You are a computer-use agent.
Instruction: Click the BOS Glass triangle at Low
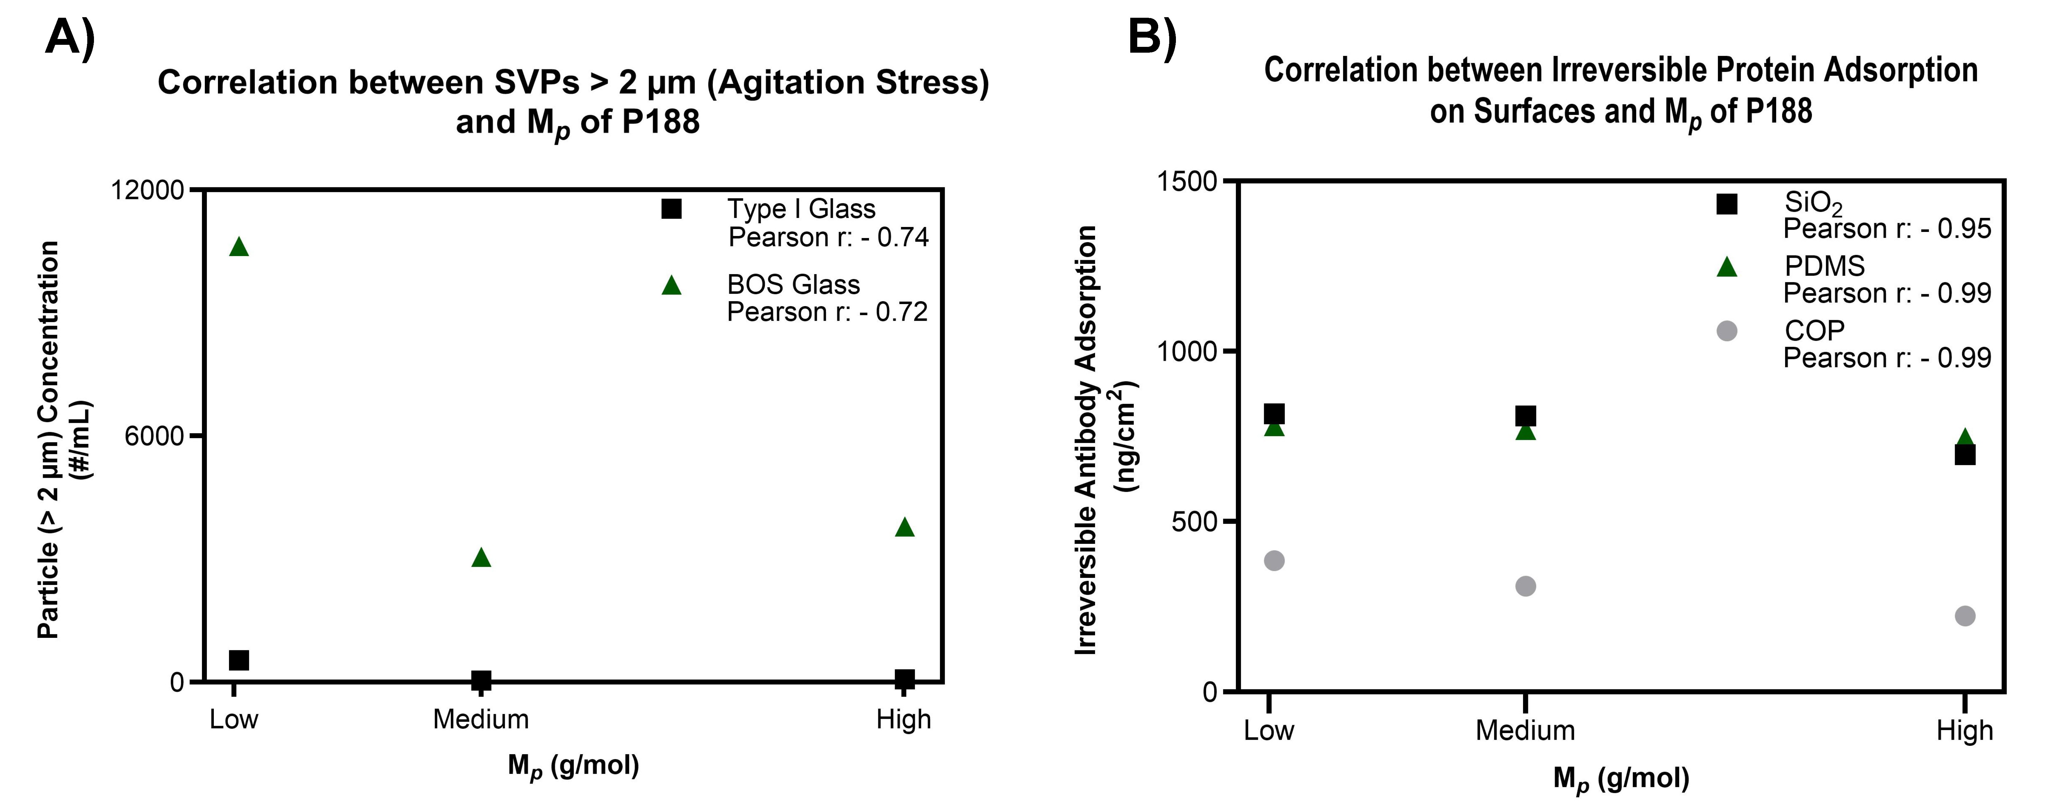239,247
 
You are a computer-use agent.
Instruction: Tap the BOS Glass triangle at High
904,527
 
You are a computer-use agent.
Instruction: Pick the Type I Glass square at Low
239,660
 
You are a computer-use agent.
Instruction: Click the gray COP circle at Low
1274,560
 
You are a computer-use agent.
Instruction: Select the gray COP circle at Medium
1526,586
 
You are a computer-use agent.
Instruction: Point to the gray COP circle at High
1965,616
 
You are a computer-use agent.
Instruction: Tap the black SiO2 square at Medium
1526,415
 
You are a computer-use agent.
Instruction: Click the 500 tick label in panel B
1195,521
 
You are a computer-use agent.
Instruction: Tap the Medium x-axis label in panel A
481,719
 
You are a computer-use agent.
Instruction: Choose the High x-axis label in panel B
1965,730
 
